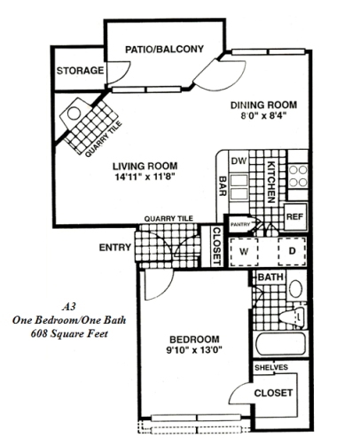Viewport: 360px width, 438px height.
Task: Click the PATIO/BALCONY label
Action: tap(164, 48)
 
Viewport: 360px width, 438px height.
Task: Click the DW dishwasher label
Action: tap(236, 162)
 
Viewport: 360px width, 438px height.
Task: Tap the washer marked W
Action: tap(242, 251)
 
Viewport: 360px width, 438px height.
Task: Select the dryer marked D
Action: tap(289, 251)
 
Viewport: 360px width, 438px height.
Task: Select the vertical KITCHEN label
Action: tap(272, 177)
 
